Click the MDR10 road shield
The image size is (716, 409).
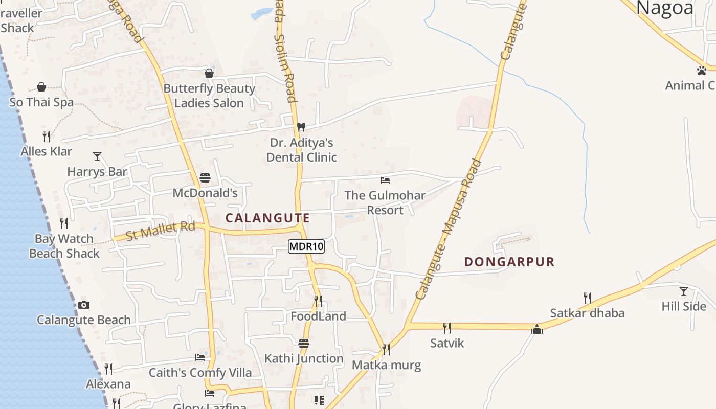(x=306, y=247)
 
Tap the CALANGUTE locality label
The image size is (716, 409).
(x=267, y=218)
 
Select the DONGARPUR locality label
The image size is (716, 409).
(x=509, y=262)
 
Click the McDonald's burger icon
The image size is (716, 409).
(x=205, y=178)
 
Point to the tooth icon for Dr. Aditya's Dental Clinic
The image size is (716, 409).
(x=301, y=126)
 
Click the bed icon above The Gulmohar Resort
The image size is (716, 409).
(x=385, y=180)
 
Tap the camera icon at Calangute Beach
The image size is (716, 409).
(x=84, y=305)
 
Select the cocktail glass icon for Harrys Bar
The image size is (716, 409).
(x=97, y=156)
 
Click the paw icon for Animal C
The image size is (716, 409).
(x=702, y=70)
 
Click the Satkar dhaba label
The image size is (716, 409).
(x=587, y=313)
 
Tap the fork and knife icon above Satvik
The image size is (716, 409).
(x=447, y=328)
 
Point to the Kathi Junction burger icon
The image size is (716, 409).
(x=304, y=343)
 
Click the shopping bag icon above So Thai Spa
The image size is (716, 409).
(x=41, y=87)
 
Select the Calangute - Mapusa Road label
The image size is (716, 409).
(x=449, y=230)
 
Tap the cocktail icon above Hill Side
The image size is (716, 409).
(x=684, y=291)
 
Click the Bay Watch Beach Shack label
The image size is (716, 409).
(x=64, y=246)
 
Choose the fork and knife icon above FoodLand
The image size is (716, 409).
(x=318, y=301)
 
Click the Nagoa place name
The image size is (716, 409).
(x=665, y=8)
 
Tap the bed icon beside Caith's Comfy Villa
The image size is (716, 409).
(x=200, y=357)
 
